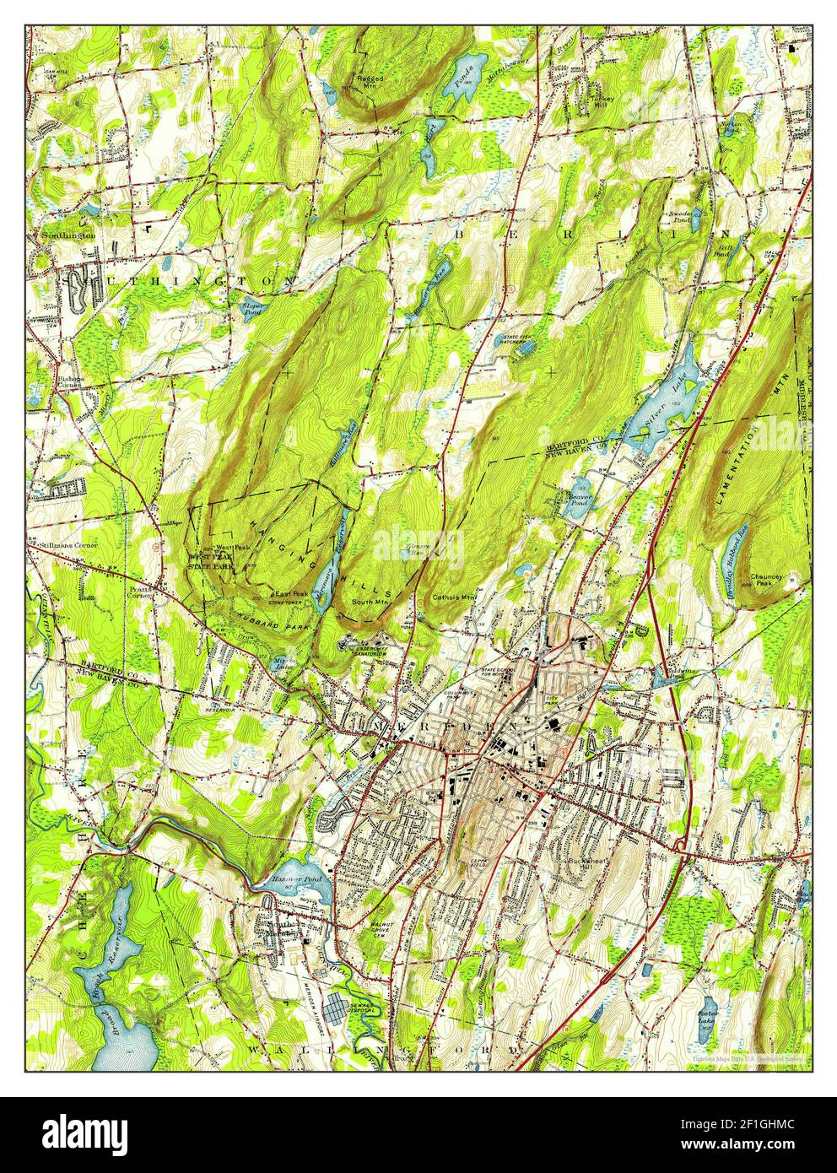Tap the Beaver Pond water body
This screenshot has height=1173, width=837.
[x=574, y=505]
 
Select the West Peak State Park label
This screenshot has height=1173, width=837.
[x=212, y=563]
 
